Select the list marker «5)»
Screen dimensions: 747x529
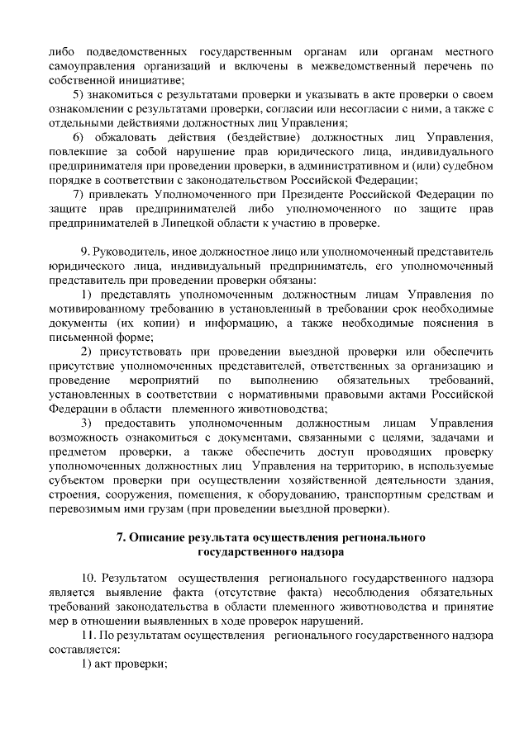tap(79, 96)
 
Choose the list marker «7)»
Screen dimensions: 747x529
tap(79, 193)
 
